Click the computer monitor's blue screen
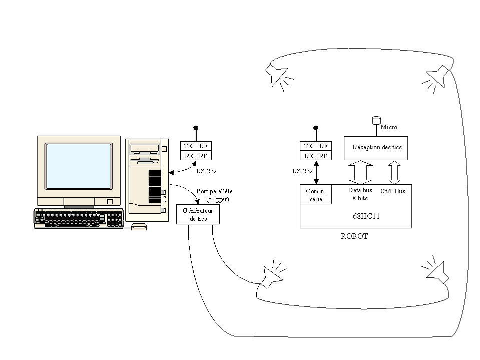pyautogui.click(x=79, y=166)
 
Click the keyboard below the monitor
pyautogui.click(x=79, y=218)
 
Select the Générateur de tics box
pyautogui.click(x=198, y=214)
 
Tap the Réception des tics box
pyautogui.click(x=376, y=148)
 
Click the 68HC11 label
pyautogui.click(x=366, y=216)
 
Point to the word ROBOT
pyautogui.click(x=354, y=236)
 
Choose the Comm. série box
pyautogui.click(x=316, y=194)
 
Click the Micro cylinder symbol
pyautogui.click(x=376, y=120)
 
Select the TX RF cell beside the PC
pyautogui.click(x=196, y=146)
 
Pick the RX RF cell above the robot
pyautogui.click(x=316, y=156)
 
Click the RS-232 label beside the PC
pyautogui.click(x=206, y=171)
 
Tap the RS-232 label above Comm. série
pyautogui.click(x=302, y=171)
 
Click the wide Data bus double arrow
pyautogui.click(x=360, y=172)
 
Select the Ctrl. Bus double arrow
pyautogui.click(x=394, y=172)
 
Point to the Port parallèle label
pyautogui.click(x=214, y=191)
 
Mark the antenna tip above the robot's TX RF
pyautogui.click(x=316, y=128)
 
